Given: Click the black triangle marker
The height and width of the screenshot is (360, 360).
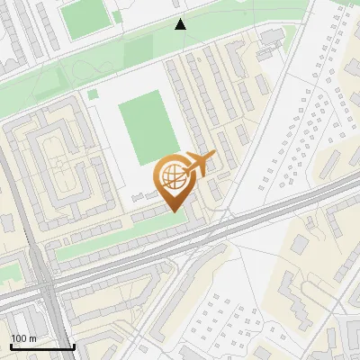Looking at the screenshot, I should [181, 24].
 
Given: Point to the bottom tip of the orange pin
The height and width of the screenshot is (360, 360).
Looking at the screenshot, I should [173, 211].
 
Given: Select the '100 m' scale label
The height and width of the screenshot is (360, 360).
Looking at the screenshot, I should [24, 338].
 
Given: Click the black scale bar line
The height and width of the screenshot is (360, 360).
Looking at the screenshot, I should [41, 346].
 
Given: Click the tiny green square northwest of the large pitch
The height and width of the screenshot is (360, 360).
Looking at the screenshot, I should [92, 94].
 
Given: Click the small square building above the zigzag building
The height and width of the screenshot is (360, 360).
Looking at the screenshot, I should [298, 244].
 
